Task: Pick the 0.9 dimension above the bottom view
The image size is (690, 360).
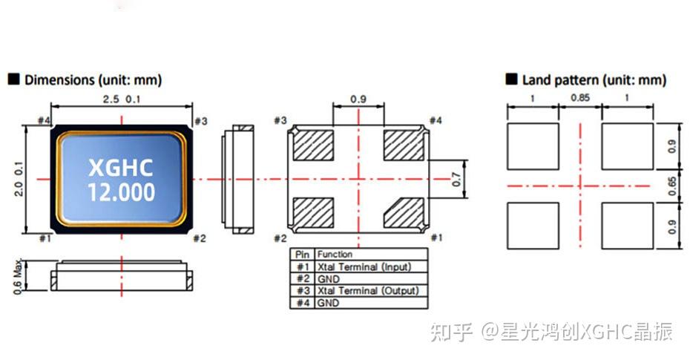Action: (358, 99)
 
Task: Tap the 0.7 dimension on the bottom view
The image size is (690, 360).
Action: (457, 179)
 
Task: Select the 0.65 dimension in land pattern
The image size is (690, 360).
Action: (671, 185)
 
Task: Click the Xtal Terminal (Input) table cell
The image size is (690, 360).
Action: (364, 266)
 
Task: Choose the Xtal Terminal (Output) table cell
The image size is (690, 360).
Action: (367, 291)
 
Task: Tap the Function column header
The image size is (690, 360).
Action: (335, 254)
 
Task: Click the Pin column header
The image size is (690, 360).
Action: (302, 254)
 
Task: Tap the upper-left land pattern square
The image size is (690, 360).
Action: (532, 146)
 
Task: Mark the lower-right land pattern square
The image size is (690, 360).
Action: (627, 226)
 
